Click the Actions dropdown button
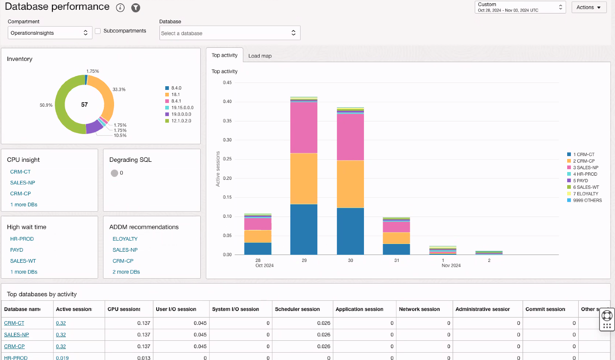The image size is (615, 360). [x=588, y=7]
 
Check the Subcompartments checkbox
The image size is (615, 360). [x=98, y=31]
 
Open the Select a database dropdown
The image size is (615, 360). [x=230, y=33]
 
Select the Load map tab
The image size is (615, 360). [x=260, y=56]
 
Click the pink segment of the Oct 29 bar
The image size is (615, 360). [x=304, y=127]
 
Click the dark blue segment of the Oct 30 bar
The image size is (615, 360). [x=350, y=231]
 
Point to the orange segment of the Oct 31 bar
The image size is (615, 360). [x=396, y=238]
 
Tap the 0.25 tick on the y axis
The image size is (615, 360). [x=227, y=159]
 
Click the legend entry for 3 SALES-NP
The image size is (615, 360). [x=585, y=168]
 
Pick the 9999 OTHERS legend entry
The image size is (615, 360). [x=587, y=200]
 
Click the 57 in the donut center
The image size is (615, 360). [x=84, y=105]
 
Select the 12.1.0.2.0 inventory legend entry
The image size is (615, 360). [x=181, y=121]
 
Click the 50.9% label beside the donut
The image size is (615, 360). [x=46, y=105]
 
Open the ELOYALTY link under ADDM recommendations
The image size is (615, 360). [x=125, y=239]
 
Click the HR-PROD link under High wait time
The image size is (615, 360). [x=22, y=239]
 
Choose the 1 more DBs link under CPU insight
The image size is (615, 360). [x=24, y=205]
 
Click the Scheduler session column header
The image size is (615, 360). [x=297, y=309]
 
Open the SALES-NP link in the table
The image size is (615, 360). [x=16, y=335]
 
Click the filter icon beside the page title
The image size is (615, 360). [x=136, y=8]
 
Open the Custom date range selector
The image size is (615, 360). [x=520, y=7]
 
